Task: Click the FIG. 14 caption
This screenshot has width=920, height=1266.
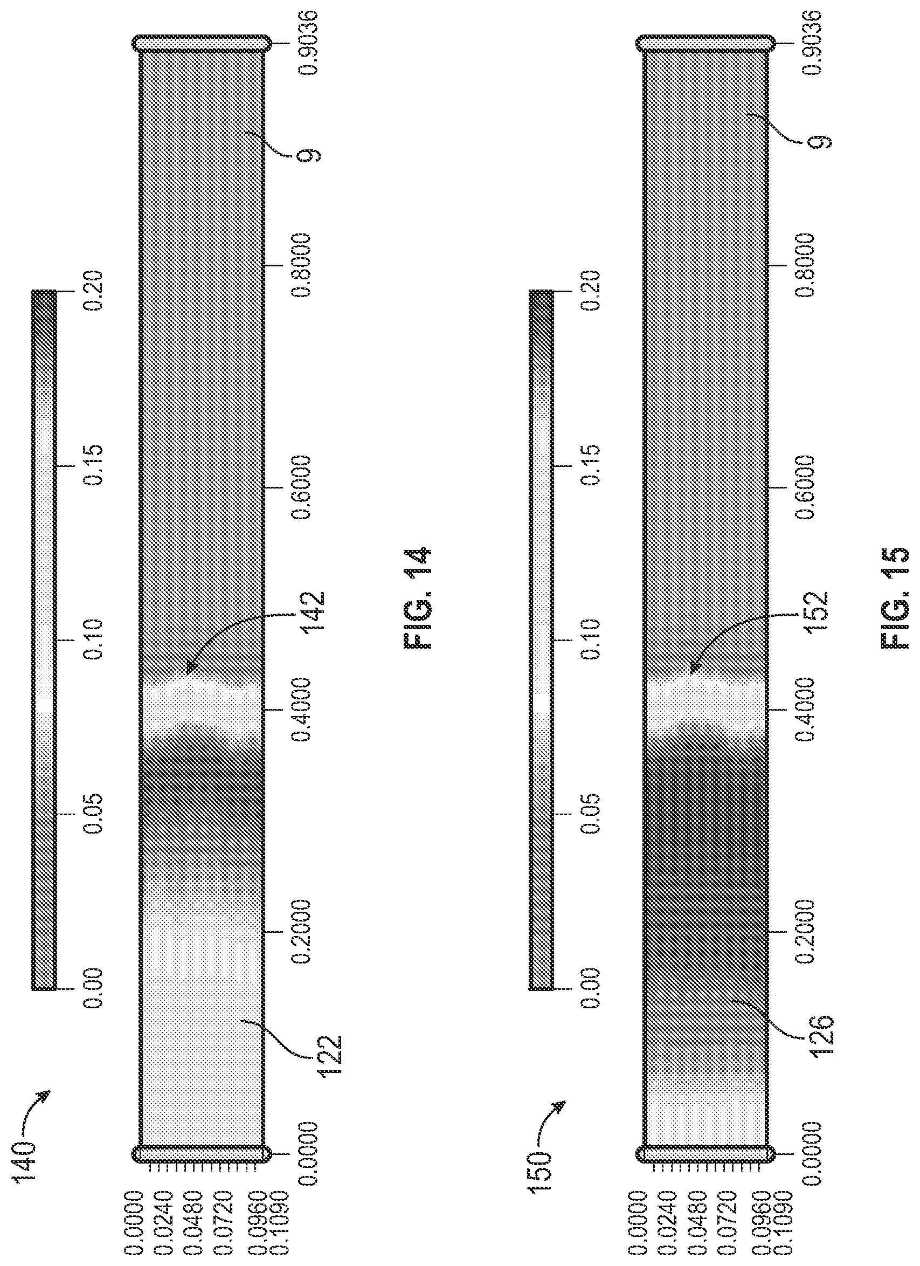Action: (x=417, y=597)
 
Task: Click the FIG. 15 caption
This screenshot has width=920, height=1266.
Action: (x=897, y=597)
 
